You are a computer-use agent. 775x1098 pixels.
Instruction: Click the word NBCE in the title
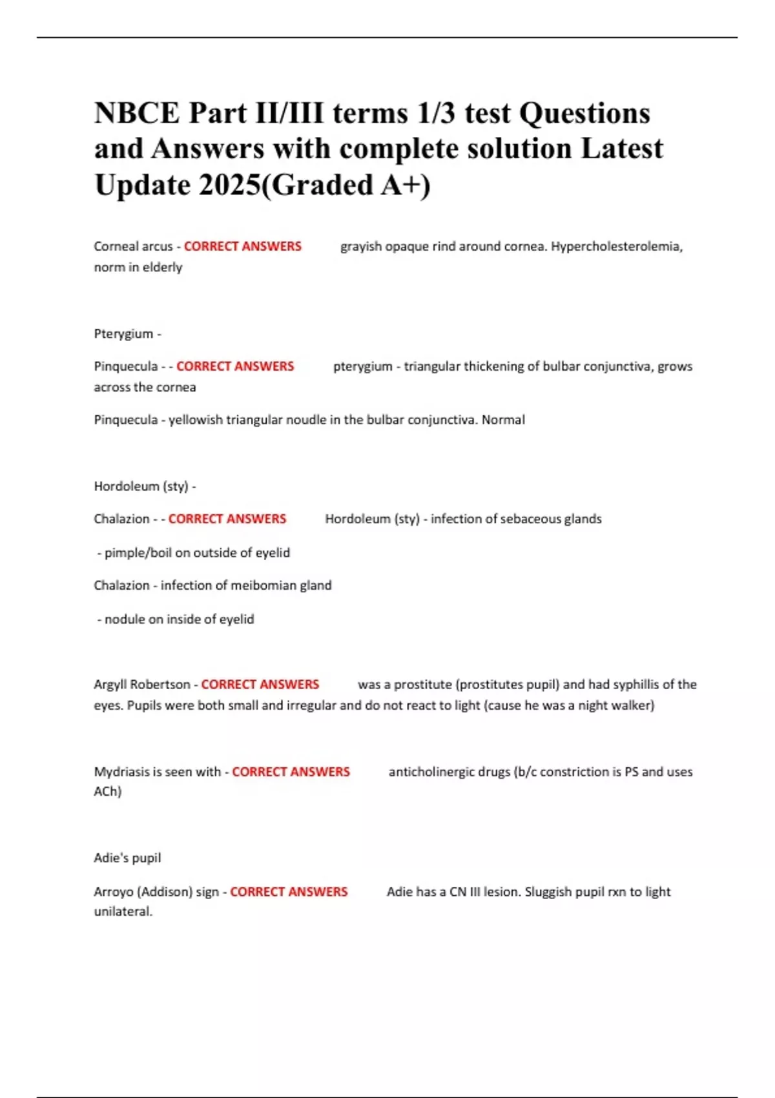coord(138,113)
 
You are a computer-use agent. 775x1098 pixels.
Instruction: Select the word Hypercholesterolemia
coord(616,246)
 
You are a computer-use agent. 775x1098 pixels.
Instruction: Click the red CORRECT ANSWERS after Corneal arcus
coord(243,246)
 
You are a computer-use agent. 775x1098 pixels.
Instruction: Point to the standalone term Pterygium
coord(124,334)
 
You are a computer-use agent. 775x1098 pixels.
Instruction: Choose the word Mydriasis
coord(122,772)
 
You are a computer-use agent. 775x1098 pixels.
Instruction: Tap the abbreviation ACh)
coord(108,791)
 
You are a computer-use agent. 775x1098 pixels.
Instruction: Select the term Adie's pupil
coord(127,858)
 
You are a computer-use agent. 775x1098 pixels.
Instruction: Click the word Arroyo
coord(114,892)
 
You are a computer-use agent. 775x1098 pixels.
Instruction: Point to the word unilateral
coord(123,912)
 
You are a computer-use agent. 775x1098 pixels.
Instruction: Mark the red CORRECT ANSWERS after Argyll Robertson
coord(260,685)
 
